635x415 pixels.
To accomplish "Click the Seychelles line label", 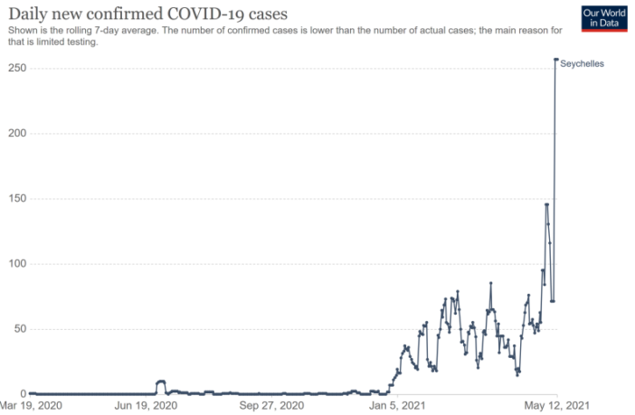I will click(582, 63).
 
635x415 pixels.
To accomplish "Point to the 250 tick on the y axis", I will click(14, 69).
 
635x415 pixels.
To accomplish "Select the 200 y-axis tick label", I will click(14, 134).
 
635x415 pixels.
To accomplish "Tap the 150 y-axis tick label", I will click(14, 199).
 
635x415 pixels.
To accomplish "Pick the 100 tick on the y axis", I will click(14, 264).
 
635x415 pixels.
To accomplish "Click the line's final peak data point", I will click(555, 60).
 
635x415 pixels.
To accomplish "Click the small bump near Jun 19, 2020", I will click(161, 382).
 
